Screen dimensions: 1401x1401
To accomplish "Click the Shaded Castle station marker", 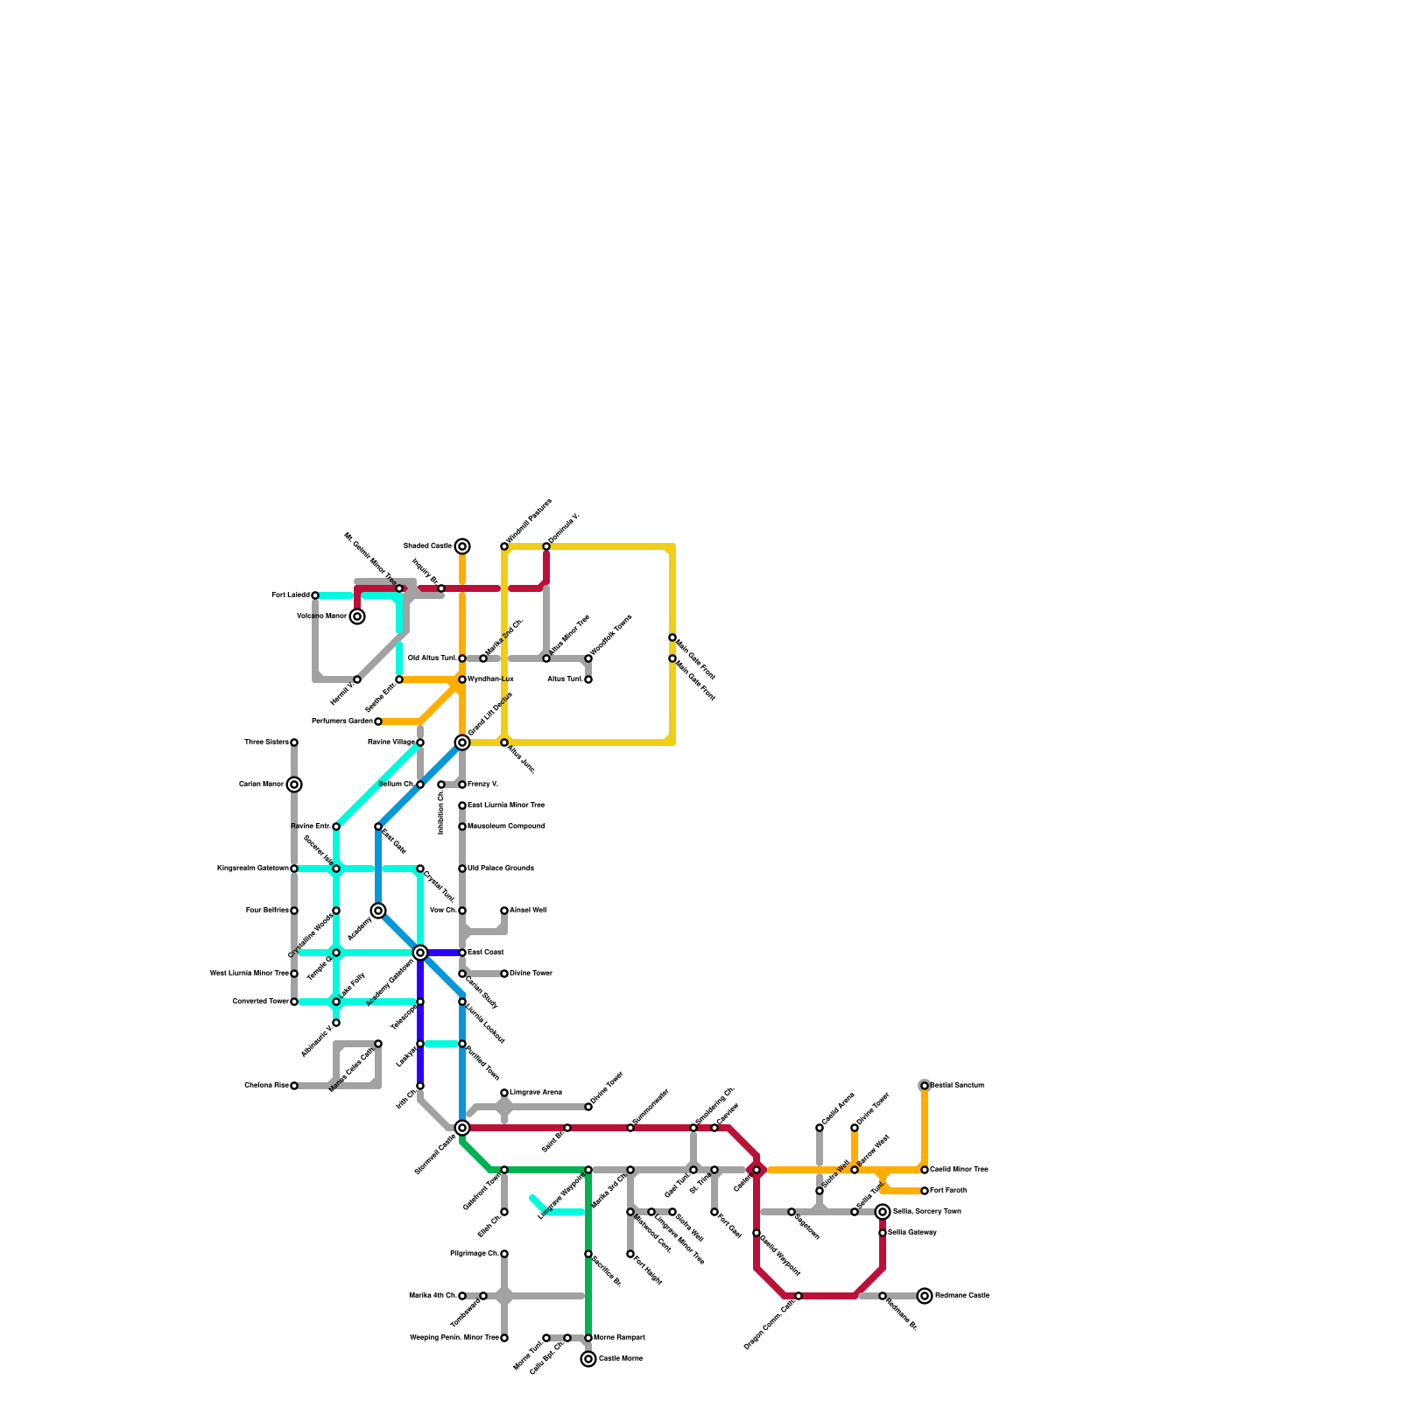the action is click(462, 546).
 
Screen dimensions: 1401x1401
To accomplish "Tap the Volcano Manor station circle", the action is click(357, 616).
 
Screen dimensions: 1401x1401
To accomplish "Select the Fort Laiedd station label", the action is click(291, 595).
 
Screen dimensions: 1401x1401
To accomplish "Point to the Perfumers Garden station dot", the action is click(378, 722).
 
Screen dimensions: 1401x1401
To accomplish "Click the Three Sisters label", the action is click(266, 743).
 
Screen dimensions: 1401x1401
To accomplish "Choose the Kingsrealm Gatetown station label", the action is click(253, 869).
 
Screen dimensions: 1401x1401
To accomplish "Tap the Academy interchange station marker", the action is click(378, 911).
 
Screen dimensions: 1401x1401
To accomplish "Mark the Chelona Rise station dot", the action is click(294, 1086).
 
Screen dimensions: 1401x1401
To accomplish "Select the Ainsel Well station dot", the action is click(504, 911).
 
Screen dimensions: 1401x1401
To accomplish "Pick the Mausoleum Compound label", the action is click(505, 827).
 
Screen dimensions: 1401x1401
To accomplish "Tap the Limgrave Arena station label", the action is click(536, 1093).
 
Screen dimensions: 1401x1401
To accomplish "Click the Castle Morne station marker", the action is click(588, 1359).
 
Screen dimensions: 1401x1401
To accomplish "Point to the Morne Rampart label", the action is click(625, 1338).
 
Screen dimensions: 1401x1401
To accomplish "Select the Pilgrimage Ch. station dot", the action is click(504, 1254).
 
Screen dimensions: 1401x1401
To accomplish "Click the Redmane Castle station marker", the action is click(925, 1296).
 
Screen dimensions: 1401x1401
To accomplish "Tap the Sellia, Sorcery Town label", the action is click(926, 1212).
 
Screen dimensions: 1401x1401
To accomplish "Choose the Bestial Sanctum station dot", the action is click(925, 1086).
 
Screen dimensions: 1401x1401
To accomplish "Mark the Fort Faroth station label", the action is click(948, 1191).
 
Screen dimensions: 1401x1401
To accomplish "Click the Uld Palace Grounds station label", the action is click(500, 869).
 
